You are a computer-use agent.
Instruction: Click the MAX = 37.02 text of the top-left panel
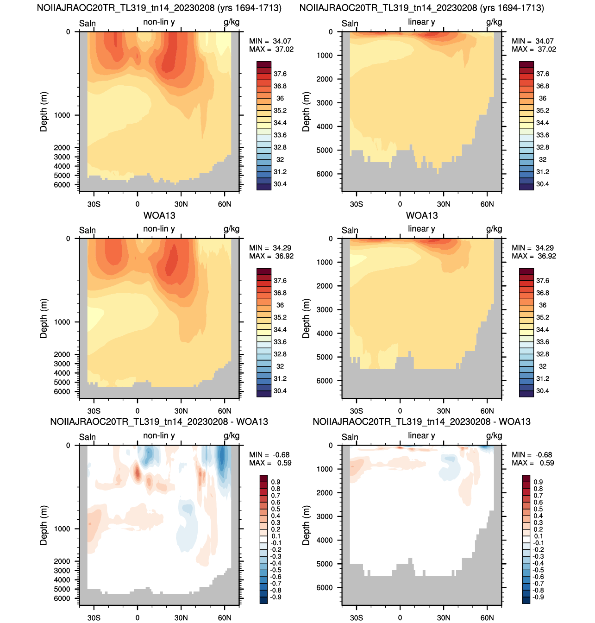point(271,49)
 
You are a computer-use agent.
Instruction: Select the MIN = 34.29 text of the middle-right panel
point(533,248)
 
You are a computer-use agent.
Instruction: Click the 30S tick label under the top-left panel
point(94,204)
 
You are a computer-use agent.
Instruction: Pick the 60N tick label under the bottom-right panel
point(487,617)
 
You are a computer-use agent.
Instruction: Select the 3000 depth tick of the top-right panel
point(325,103)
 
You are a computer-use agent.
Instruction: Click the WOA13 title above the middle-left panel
point(159,215)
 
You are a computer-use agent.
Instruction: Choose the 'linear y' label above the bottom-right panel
point(421,435)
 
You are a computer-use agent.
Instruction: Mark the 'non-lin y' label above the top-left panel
point(159,22)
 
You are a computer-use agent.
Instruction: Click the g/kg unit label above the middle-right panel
point(494,229)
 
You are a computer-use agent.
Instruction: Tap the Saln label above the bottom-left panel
point(87,437)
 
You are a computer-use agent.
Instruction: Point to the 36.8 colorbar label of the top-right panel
point(543,86)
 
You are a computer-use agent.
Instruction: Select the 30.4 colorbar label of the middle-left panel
point(280,390)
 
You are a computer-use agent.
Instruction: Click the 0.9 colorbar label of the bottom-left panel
point(276,482)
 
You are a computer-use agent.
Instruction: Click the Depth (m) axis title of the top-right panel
point(306,112)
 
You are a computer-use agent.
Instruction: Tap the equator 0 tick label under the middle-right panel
point(400,411)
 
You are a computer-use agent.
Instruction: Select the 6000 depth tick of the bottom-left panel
point(62,598)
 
